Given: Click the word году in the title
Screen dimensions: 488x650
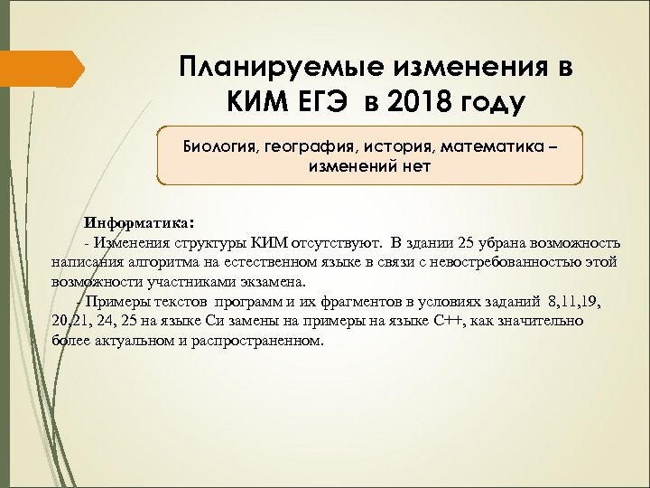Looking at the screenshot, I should coord(489,102).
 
